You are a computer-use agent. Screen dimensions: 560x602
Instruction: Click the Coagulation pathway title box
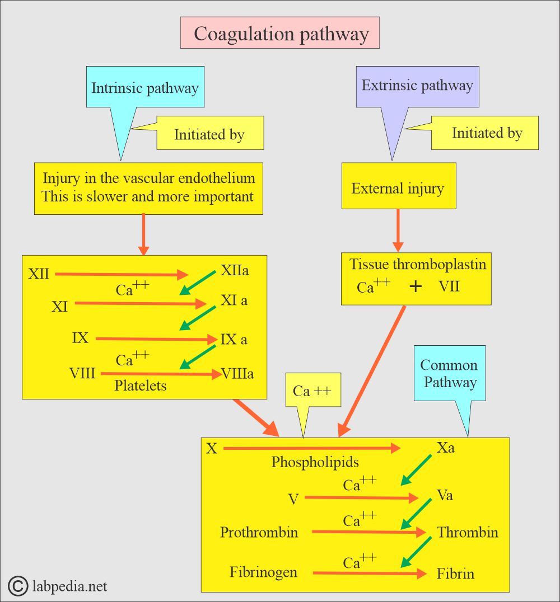click(280, 32)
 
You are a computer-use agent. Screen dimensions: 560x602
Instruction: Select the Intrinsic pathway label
click(145, 88)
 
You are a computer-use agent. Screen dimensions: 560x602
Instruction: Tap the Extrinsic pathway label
click(417, 85)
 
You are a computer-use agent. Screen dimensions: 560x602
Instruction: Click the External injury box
click(399, 186)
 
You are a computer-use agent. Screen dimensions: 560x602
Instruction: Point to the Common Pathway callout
click(449, 373)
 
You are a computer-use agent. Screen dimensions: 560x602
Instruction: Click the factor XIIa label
click(235, 270)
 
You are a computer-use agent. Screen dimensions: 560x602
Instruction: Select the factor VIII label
click(82, 373)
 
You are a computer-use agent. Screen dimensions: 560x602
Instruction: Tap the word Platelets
click(141, 385)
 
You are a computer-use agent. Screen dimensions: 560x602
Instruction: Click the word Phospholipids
click(315, 462)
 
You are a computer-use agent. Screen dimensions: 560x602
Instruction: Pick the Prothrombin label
click(259, 532)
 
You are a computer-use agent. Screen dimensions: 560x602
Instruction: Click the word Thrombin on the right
click(468, 532)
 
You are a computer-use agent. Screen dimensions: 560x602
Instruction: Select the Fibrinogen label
click(263, 572)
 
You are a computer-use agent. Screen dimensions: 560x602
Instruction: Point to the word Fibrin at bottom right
click(455, 573)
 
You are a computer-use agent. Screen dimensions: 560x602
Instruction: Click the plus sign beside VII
click(416, 286)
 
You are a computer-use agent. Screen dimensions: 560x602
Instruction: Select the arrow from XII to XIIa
click(122, 274)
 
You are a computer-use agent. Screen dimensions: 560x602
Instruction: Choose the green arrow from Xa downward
click(416, 471)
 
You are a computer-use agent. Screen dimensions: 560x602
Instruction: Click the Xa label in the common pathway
click(445, 448)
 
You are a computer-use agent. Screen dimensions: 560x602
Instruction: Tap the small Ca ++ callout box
click(313, 390)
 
